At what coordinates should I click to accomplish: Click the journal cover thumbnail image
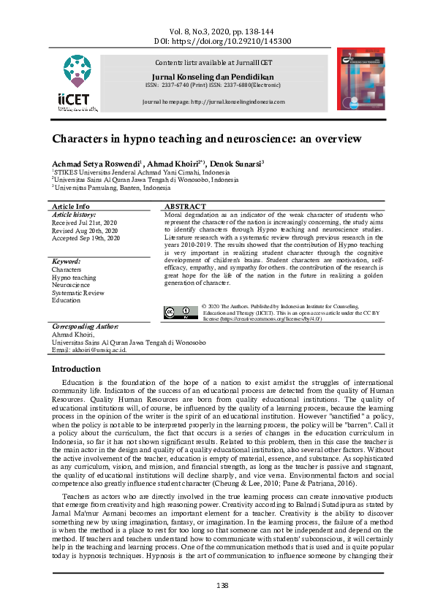pos(360,79)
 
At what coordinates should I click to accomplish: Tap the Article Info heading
pos(72,207)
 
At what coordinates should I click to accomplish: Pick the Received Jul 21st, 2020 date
pos(84,222)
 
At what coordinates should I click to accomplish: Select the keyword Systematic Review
pos(78,292)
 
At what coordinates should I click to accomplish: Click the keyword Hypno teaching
pos(74,278)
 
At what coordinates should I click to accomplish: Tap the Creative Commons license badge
pos(181,313)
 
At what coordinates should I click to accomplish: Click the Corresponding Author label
pos(85,326)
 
